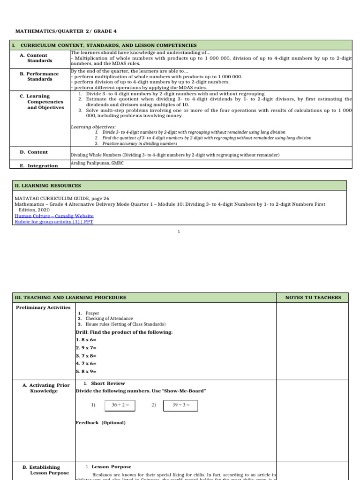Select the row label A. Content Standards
[x=40, y=58]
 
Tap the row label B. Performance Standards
[x=39, y=76]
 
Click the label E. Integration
[x=39, y=165]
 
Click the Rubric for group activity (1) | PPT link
[x=54, y=222]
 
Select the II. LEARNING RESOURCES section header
[x=48, y=186]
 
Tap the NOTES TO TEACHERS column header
[x=313, y=298]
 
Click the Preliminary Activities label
[x=43, y=307]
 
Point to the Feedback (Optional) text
[x=100, y=423]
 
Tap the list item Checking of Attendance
[x=109, y=319]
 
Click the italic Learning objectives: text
[x=93, y=127]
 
